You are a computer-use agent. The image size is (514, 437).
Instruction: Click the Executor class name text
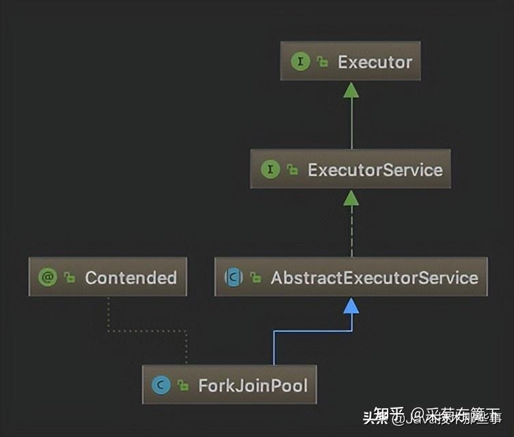(375, 62)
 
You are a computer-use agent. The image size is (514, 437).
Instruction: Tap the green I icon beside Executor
(300, 61)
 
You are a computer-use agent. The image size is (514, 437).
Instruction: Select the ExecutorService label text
(375, 169)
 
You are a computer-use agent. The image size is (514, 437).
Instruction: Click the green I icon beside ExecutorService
(271, 169)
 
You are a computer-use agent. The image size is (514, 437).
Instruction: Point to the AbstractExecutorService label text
(374, 278)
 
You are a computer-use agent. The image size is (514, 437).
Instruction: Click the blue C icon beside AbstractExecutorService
(234, 278)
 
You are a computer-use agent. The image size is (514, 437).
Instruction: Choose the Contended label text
(131, 278)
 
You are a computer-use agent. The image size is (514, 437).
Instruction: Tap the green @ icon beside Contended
(48, 277)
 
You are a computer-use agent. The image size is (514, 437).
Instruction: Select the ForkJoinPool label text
(253, 386)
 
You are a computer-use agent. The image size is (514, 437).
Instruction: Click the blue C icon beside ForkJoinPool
(162, 386)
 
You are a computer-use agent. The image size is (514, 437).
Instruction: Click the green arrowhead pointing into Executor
(351, 89)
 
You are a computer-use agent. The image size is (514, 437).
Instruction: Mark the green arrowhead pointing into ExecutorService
(351, 197)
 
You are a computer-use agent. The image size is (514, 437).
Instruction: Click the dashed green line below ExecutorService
(351, 232)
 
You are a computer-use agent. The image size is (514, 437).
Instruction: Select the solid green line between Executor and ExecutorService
(351, 123)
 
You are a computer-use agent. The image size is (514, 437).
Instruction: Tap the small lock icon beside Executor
(322, 62)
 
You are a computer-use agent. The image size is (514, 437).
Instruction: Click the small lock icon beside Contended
(69, 278)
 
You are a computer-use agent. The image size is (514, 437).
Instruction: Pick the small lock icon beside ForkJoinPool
(182, 386)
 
